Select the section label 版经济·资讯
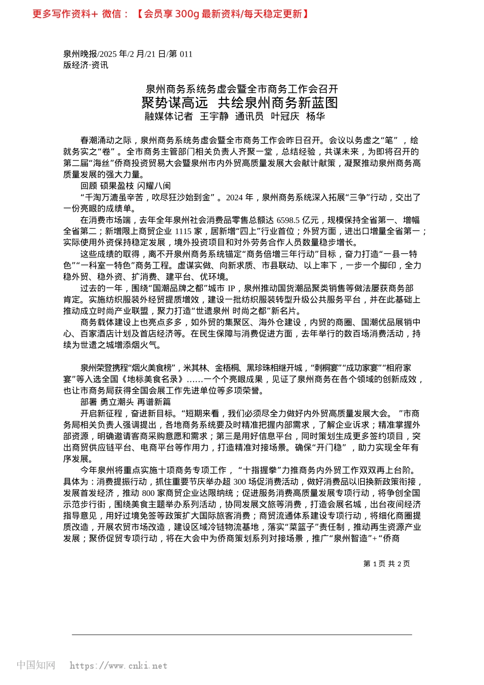click(86, 65)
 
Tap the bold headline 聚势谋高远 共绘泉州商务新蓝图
click(239, 103)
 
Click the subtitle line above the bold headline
click(241, 89)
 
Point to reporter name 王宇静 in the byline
click(214, 116)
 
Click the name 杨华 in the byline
click(315, 116)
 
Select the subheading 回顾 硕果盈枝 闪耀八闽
click(125, 186)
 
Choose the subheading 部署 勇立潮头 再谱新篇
click(125, 402)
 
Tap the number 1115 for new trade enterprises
click(183, 231)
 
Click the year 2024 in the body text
click(234, 197)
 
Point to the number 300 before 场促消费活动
click(239, 482)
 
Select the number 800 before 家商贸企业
click(148, 493)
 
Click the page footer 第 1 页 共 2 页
click(386, 564)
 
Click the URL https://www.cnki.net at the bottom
click(118, 666)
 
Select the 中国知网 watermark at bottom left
click(36, 665)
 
